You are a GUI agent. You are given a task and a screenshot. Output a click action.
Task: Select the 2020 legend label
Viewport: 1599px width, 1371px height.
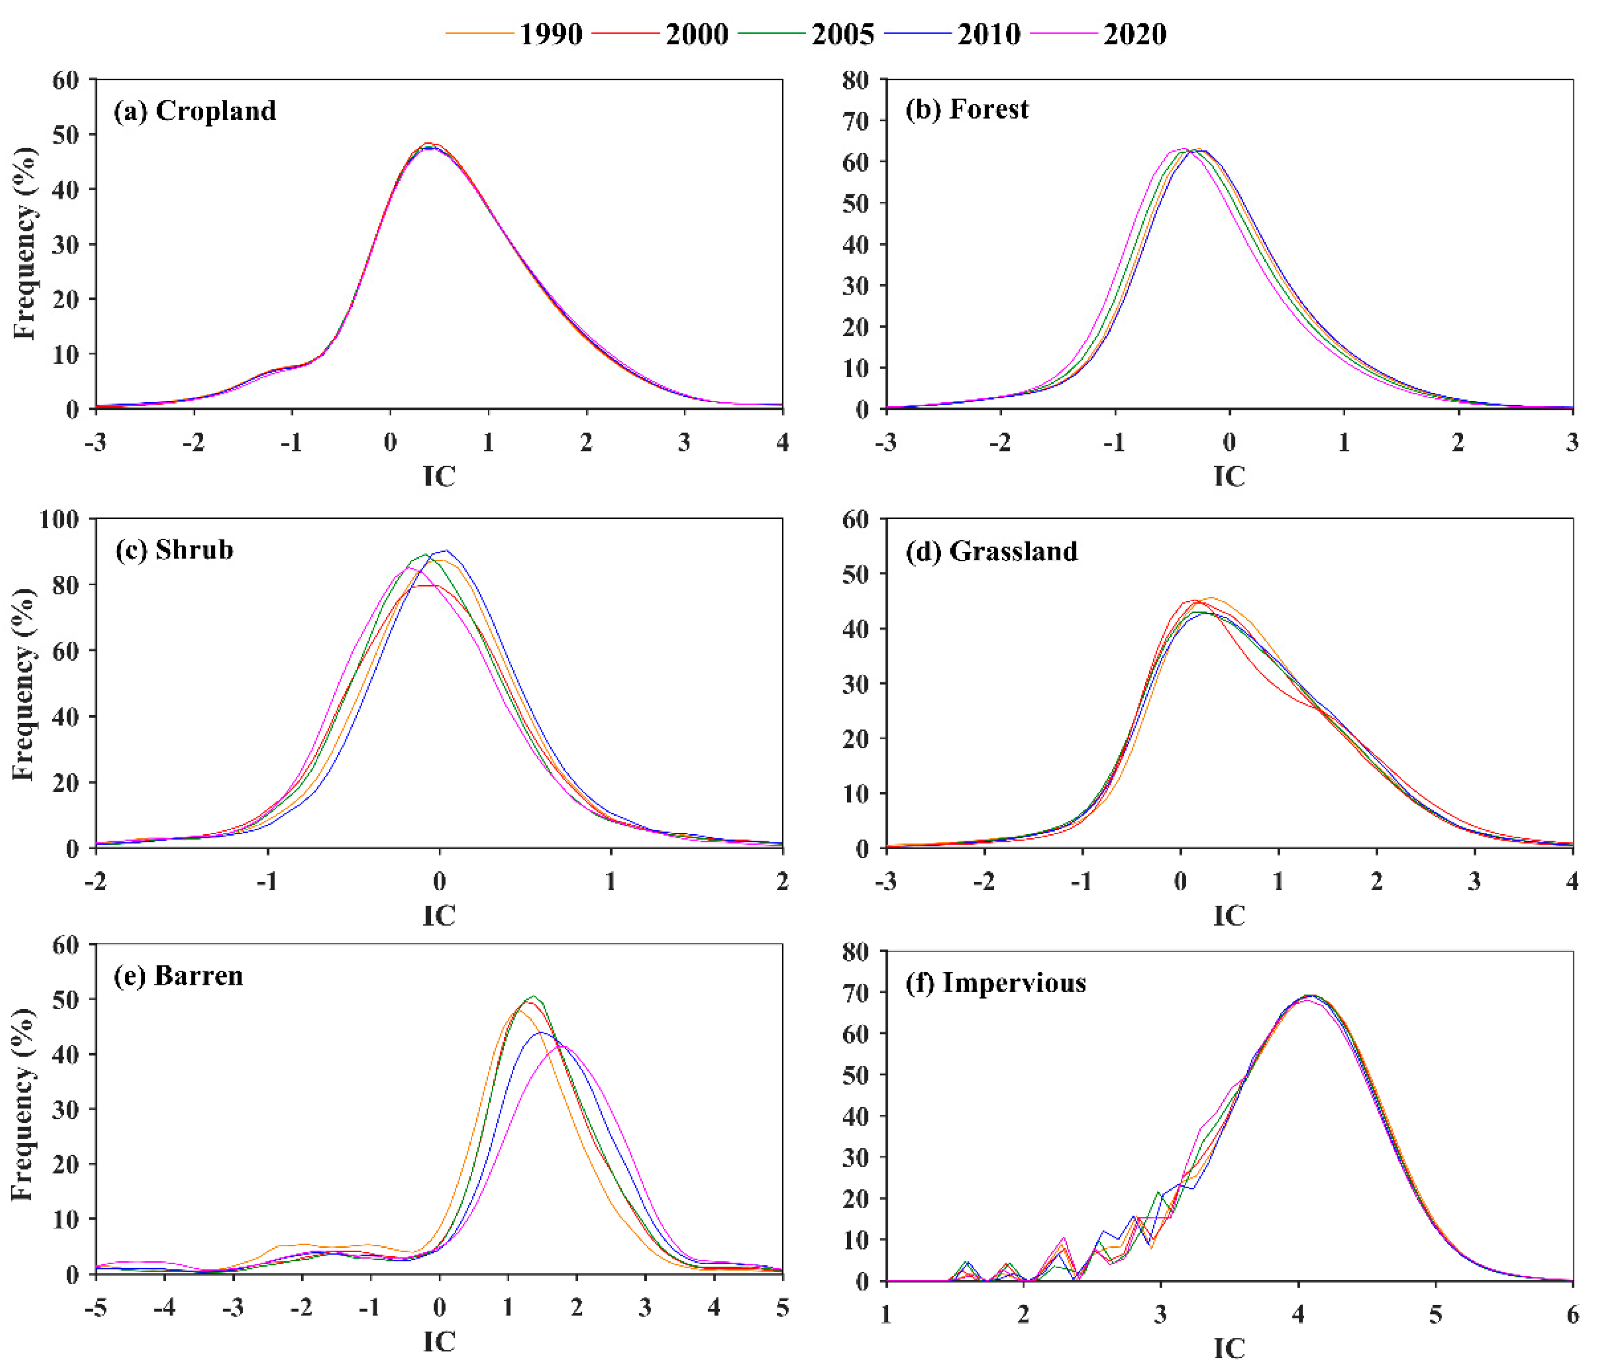point(1135,35)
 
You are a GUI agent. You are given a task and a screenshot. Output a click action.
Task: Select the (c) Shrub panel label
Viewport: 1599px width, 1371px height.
point(174,549)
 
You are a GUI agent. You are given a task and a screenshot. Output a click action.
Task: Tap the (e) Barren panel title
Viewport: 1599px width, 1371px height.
point(178,976)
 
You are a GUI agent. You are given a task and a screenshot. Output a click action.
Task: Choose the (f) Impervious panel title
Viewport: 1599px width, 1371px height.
point(996,983)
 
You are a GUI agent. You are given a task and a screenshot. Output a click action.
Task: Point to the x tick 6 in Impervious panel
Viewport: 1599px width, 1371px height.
point(1572,1314)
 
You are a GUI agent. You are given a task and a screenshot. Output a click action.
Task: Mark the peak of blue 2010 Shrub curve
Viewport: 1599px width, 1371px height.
point(445,550)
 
